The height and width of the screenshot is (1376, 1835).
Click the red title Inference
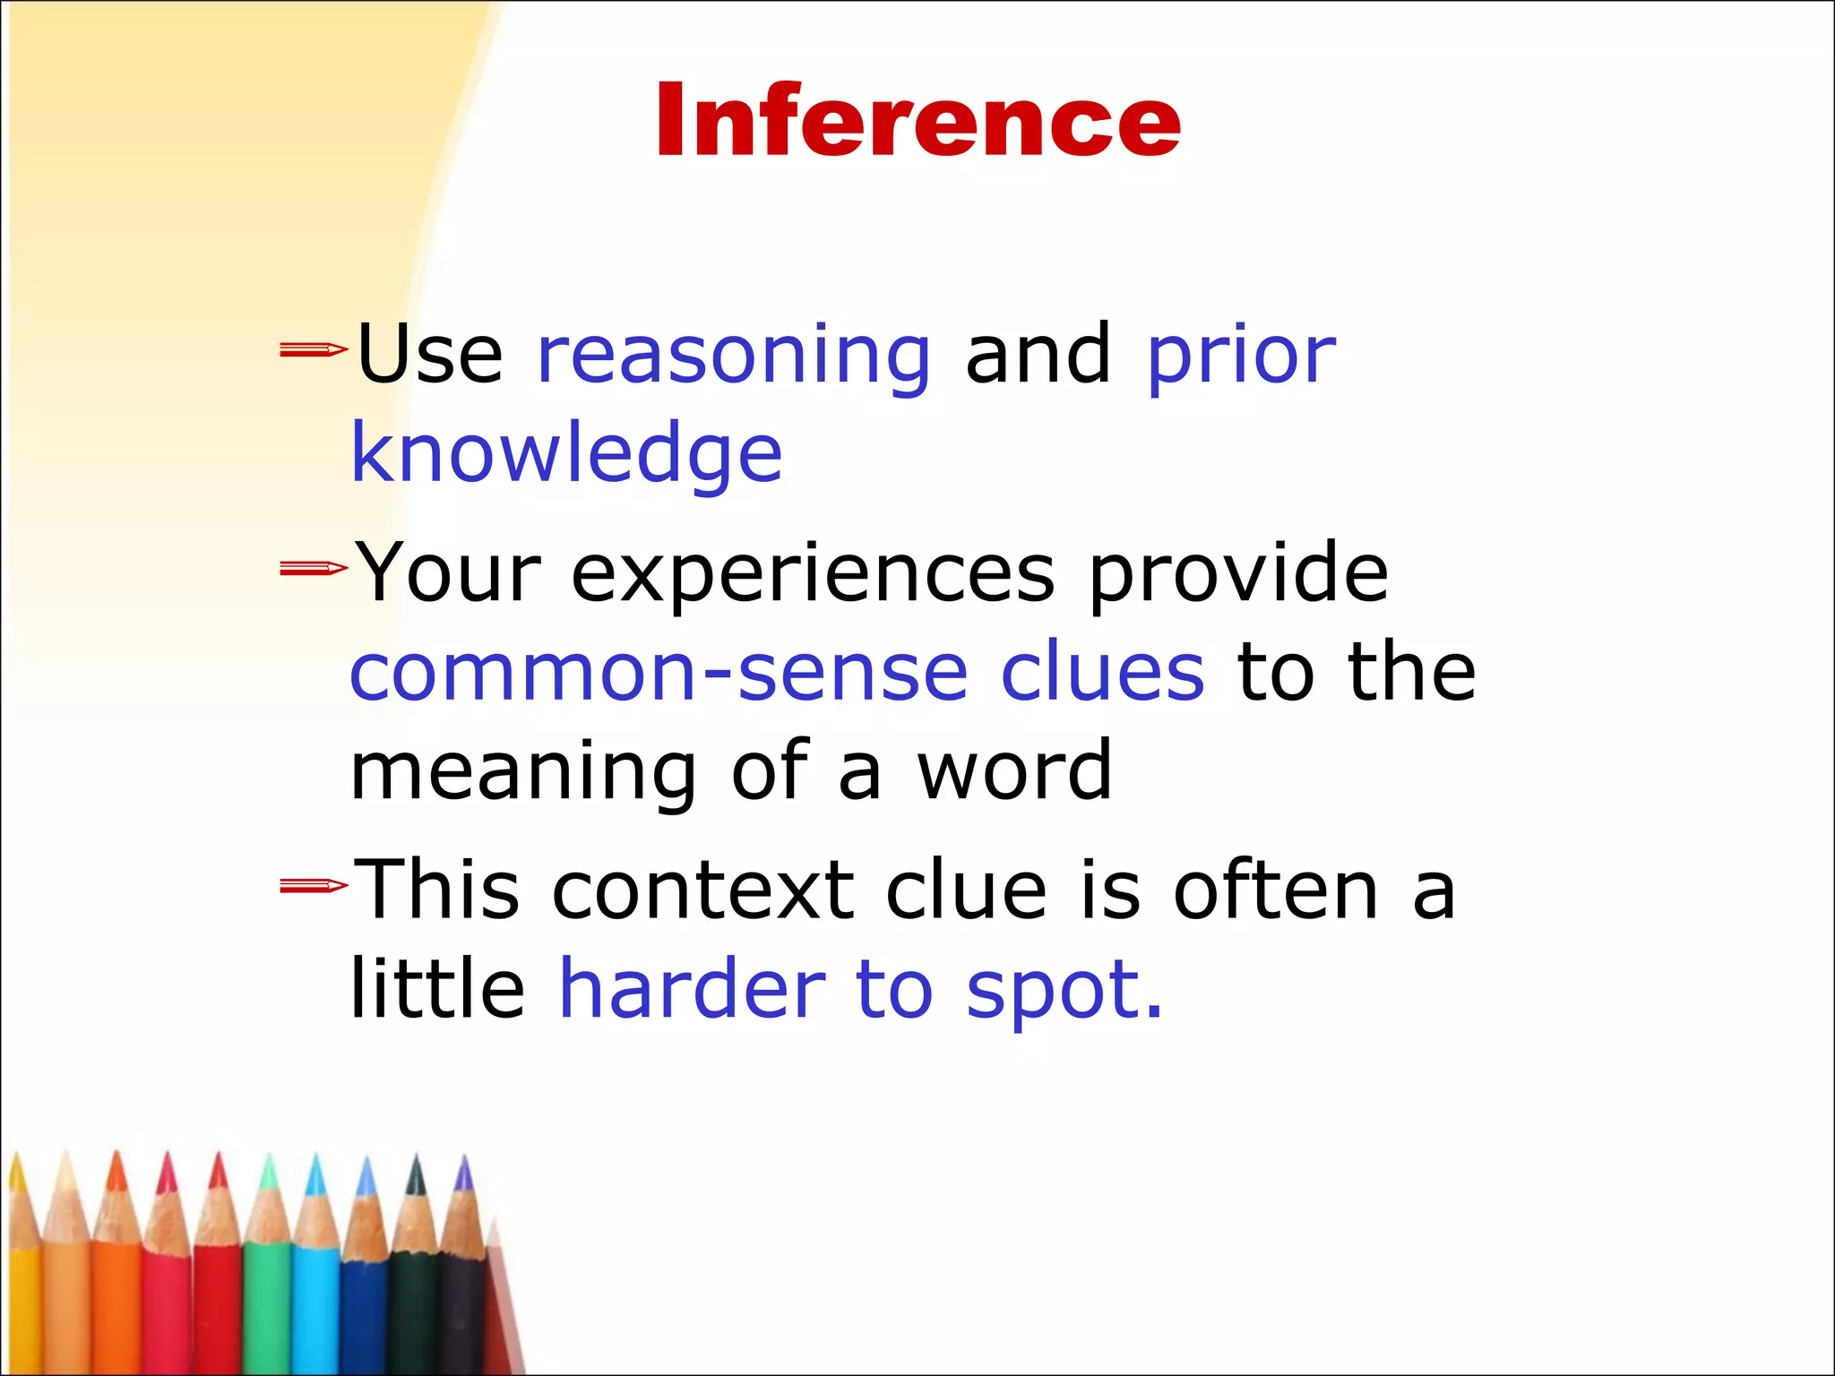(917, 121)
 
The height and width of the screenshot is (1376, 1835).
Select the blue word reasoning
(734, 357)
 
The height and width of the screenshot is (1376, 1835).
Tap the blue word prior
(1241, 357)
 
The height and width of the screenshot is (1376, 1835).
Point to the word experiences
(813, 574)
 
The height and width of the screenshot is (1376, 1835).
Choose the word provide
(1238, 574)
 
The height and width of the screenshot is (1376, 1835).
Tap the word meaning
(522, 772)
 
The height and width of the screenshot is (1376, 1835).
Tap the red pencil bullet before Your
(313, 568)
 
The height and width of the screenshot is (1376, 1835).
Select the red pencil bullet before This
(313, 886)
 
